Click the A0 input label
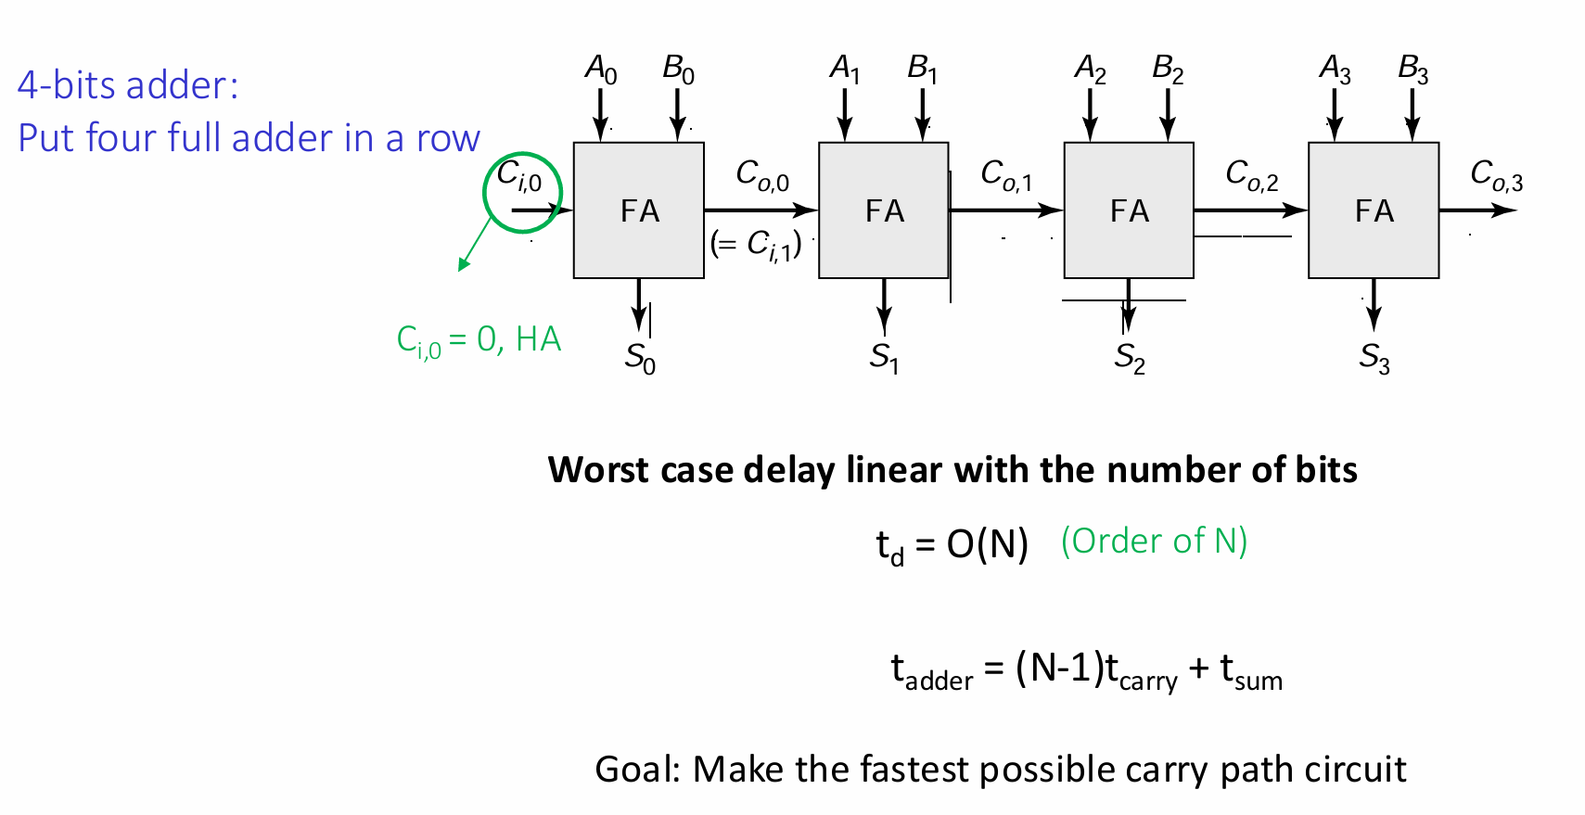click(601, 70)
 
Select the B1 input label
click(922, 70)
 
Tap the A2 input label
click(1090, 70)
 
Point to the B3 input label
click(1413, 70)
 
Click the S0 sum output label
click(640, 358)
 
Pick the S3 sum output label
click(1374, 358)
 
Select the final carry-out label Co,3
click(1497, 175)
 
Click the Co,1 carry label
click(1006, 175)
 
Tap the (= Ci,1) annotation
click(756, 245)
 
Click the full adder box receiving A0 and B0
click(638, 210)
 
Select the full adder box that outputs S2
click(1129, 210)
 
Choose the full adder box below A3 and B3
click(1374, 210)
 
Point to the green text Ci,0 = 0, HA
click(479, 341)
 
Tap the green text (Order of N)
click(1154, 541)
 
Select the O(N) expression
click(987, 545)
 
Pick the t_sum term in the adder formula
click(1251, 672)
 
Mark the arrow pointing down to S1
click(884, 306)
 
